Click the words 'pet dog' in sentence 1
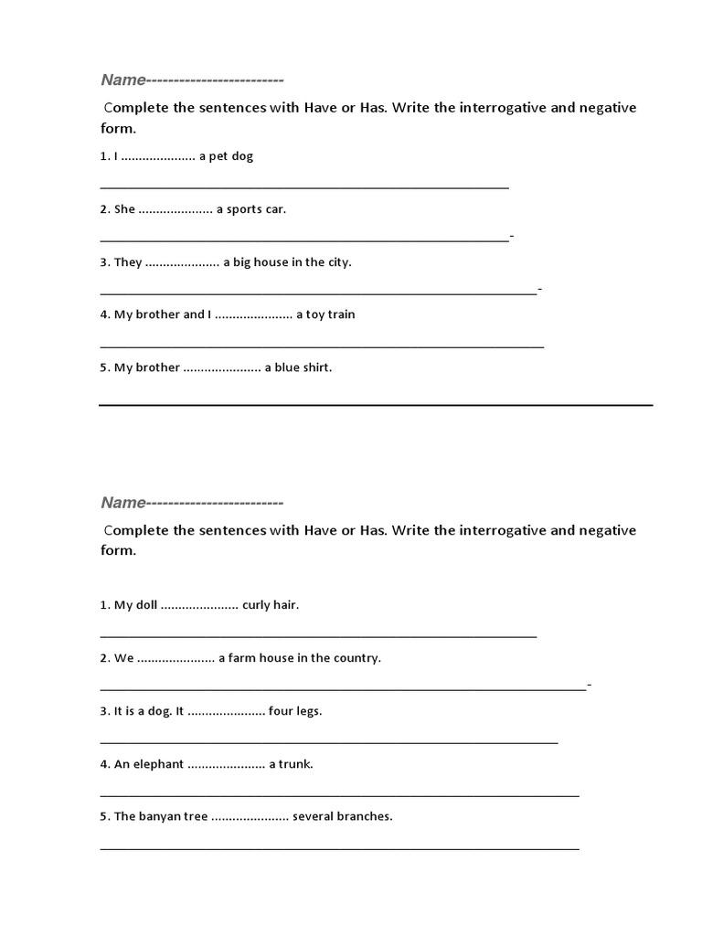pyautogui.click(x=232, y=156)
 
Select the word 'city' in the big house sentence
pyautogui.click(x=335, y=262)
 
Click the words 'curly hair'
pyautogui.click(x=271, y=605)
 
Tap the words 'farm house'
pyautogui.click(x=259, y=658)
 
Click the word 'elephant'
pyautogui.click(x=154, y=764)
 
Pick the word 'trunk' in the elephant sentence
pyautogui.click(x=295, y=764)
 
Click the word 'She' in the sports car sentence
pyautogui.click(x=124, y=209)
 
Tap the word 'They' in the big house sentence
pyautogui.click(x=128, y=262)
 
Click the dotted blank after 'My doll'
pyautogui.click(x=199, y=606)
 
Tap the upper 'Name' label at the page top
pyautogui.click(x=122, y=80)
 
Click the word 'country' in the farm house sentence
pyautogui.click(x=356, y=658)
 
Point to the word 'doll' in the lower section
pyautogui.click(x=146, y=605)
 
